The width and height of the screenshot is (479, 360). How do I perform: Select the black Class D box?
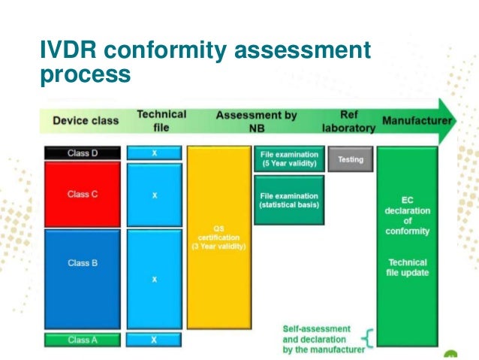(x=83, y=153)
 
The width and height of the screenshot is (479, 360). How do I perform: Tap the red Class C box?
(x=83, y=194)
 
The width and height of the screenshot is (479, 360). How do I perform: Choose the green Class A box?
(x=83, y=340)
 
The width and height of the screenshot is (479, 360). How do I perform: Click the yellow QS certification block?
(x=218, y=237)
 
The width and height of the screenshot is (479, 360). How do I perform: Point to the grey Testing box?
(x=351, y=159)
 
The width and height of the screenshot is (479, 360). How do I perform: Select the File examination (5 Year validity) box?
(x=289, y=159)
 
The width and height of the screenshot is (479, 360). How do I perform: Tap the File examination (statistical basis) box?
(x=289, y=199)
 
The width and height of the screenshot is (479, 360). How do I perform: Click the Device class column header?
(x=86, y=120)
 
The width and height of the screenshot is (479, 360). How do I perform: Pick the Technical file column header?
(x=161, y=120)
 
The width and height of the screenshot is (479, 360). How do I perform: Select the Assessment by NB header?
(x=256, y=121)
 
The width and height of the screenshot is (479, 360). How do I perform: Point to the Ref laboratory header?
(x=348, y=121)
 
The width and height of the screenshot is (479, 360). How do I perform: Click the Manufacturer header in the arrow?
(x=417, y=120)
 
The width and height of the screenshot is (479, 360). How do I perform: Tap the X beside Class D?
(x=154, y=153)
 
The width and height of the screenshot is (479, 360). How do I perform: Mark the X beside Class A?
(x=154, y=340)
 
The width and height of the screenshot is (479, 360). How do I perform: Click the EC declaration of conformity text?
(x=408, y=216)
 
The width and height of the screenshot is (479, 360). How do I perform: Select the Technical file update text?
(x=408, y=268)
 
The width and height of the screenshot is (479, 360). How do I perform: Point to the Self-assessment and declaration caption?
(x=323, y=339)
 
